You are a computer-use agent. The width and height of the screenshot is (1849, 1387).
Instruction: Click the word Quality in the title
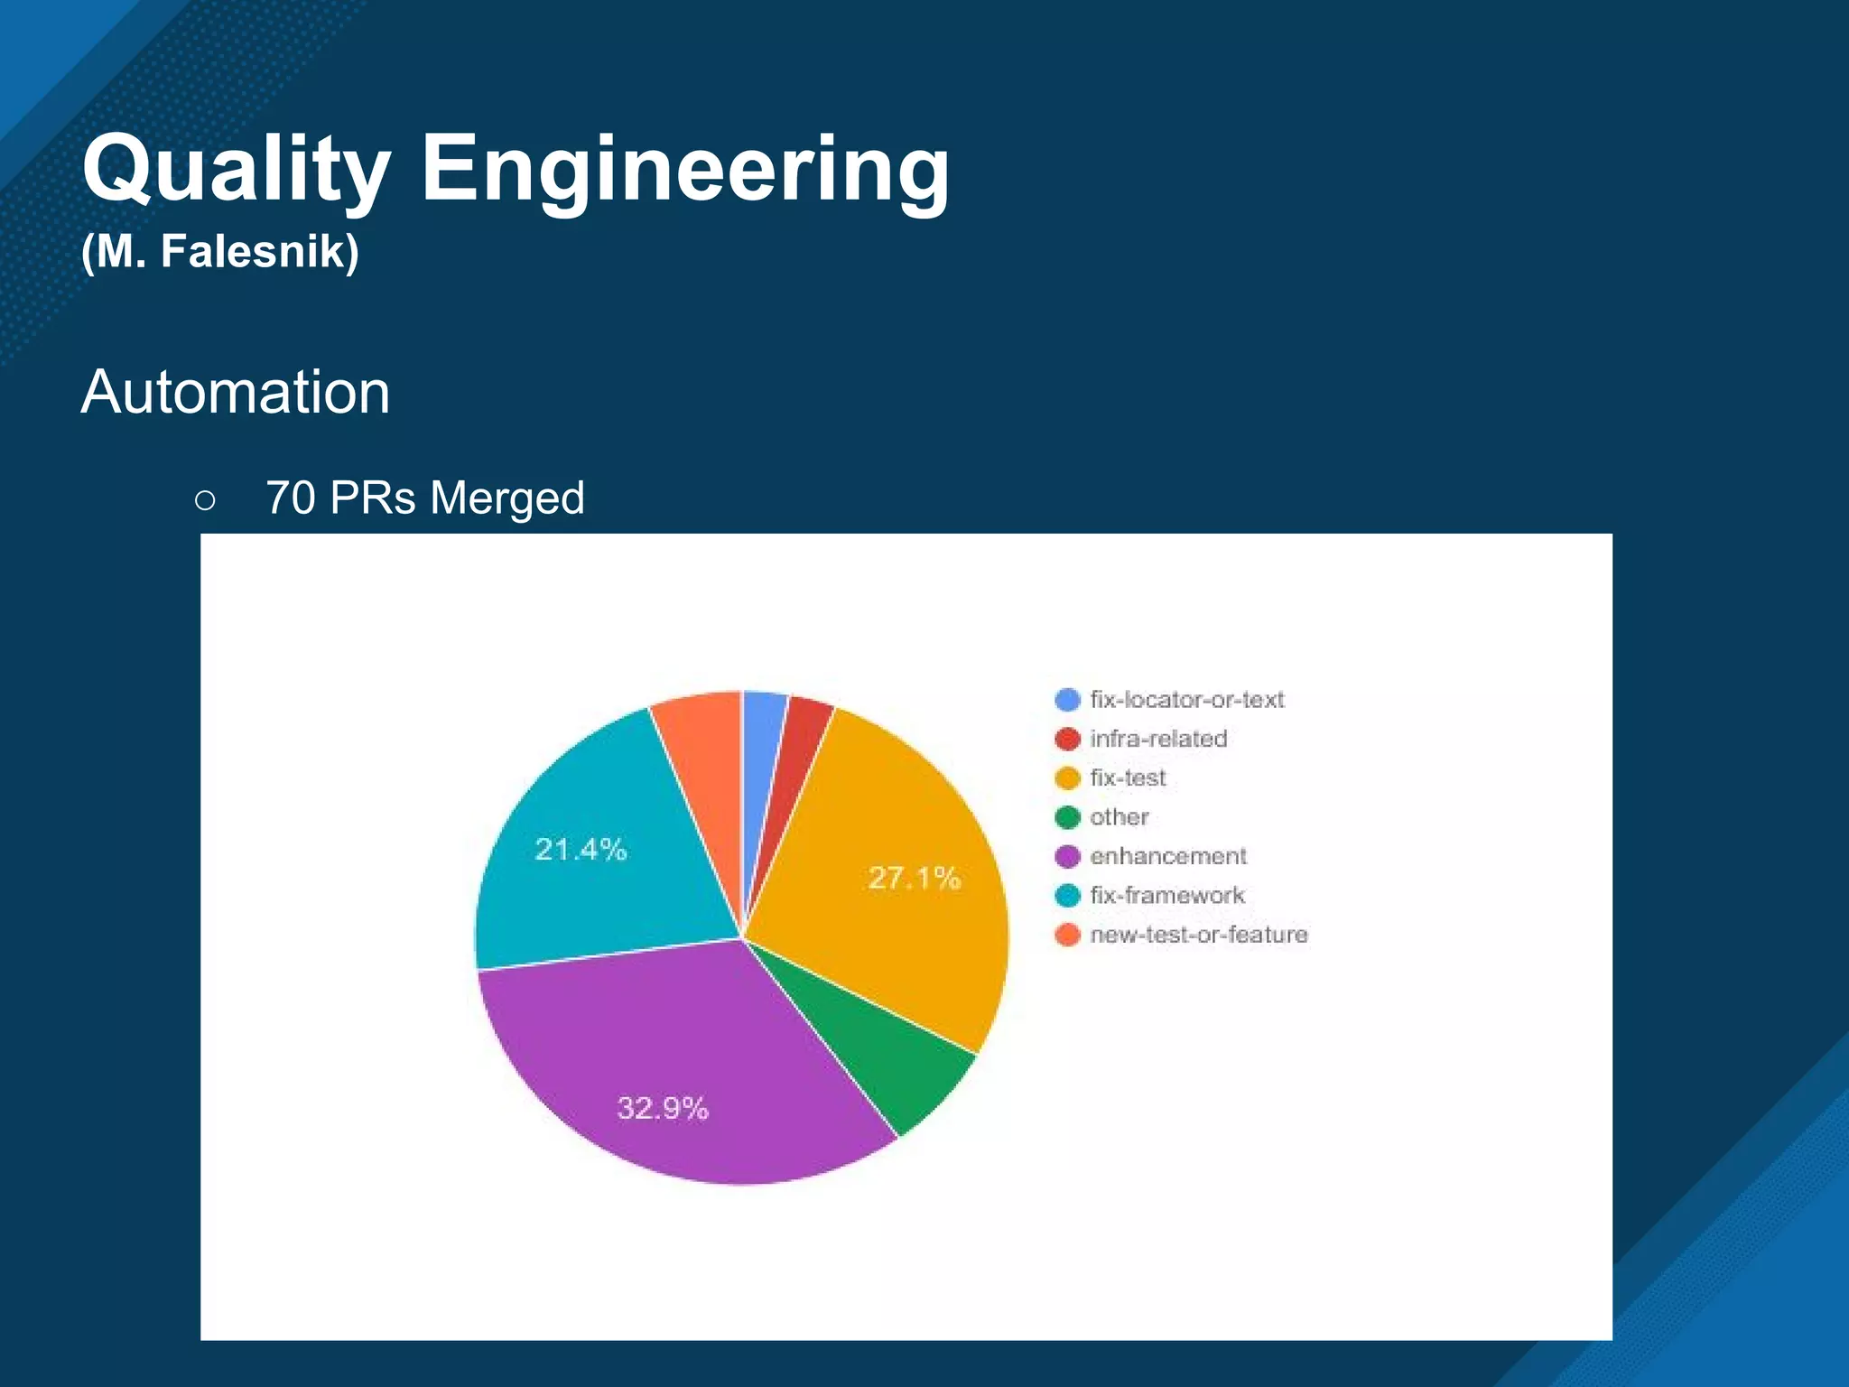[237, 170]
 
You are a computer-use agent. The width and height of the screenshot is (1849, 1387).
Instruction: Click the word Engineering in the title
[684, 170]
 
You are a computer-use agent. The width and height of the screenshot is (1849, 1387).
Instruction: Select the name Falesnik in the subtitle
[260, 251]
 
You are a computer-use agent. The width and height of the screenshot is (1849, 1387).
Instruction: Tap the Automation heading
[236, 392]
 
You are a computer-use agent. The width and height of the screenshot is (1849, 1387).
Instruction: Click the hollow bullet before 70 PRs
[205, 499]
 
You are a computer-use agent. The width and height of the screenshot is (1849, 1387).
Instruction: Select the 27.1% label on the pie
[914, 878]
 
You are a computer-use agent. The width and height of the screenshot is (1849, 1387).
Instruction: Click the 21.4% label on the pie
[581, 849]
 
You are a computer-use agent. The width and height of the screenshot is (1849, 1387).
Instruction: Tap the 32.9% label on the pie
[663, 1108]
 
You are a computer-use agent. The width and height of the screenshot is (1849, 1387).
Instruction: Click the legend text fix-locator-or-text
[1186, 700]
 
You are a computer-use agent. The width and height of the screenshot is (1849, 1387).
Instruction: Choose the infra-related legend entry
[1158, 739]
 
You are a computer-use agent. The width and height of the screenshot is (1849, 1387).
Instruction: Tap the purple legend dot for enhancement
[1067, 856]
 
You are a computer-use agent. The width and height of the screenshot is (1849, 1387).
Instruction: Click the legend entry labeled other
[1119, 817]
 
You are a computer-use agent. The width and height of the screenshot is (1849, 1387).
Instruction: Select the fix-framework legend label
[1166, 895]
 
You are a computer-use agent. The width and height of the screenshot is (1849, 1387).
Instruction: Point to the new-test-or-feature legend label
[1198, 935]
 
